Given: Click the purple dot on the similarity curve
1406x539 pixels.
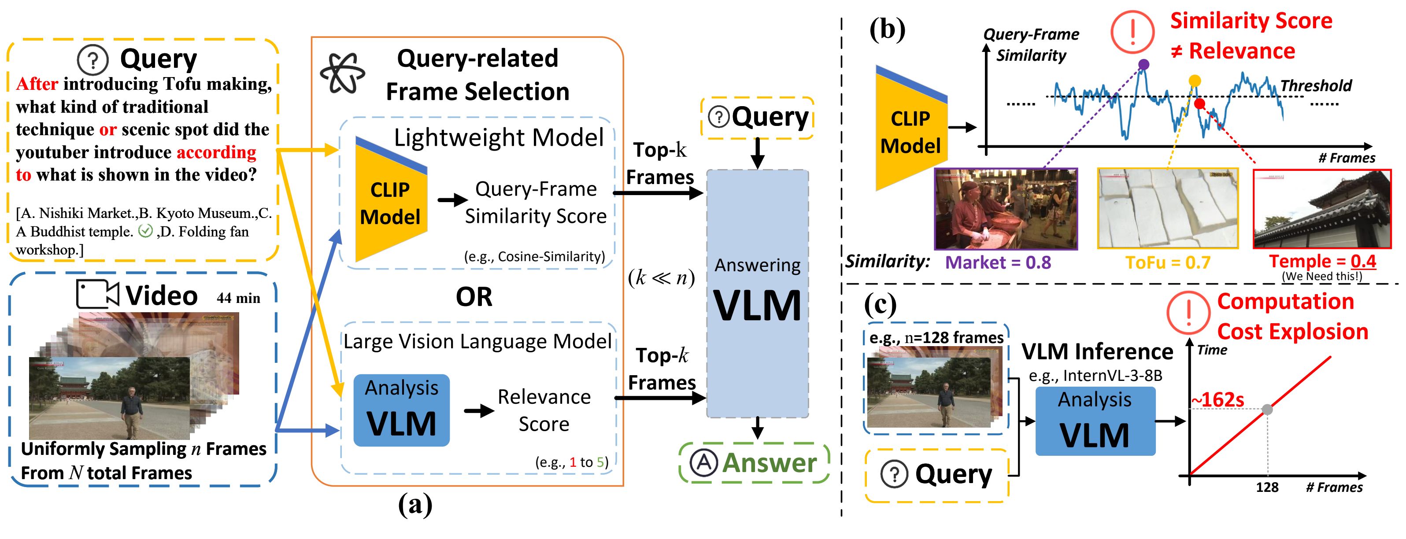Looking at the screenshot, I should (1143, 64).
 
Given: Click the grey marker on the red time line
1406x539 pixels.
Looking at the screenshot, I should (1267, 409).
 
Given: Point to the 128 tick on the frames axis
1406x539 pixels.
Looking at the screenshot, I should (1267, 487).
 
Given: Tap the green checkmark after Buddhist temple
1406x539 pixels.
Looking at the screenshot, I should (145, 231).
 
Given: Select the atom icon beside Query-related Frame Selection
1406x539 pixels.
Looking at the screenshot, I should (342, 74).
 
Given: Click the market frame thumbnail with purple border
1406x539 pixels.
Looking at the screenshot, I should (1006, 209).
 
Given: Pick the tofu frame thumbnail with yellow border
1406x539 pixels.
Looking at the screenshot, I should (1167, 208).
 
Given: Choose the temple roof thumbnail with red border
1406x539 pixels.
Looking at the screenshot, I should (1322, 208).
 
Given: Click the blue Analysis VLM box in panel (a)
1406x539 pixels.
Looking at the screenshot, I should (401, 410).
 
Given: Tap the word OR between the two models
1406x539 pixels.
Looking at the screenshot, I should (474, 297).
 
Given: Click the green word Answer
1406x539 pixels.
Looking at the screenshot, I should (769, 463).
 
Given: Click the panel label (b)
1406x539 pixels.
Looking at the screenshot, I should (887, 30).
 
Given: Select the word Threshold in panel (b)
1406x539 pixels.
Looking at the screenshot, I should (1316, 86).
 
